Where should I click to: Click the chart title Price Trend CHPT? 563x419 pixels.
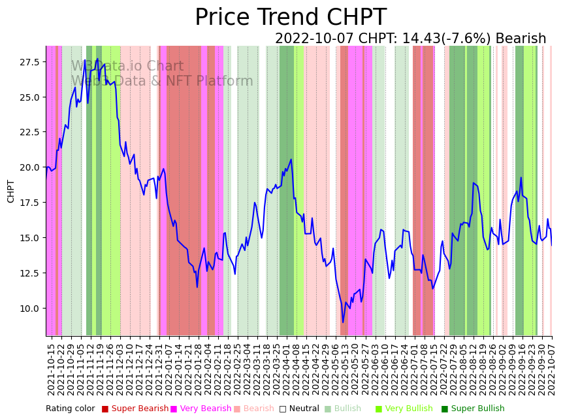tap(291, 18)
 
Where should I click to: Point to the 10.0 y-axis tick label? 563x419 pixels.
tap(29, 308)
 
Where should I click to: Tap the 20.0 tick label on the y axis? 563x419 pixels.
tap(29, 167)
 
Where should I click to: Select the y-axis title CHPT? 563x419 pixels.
tap(11, 191)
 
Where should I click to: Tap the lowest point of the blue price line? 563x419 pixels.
tap(343, 322)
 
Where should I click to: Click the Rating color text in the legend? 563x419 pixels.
tap(70, 409)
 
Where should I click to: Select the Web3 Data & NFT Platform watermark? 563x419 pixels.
tap(162, 81)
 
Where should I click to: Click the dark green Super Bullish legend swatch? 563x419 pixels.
tap(445, 409)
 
